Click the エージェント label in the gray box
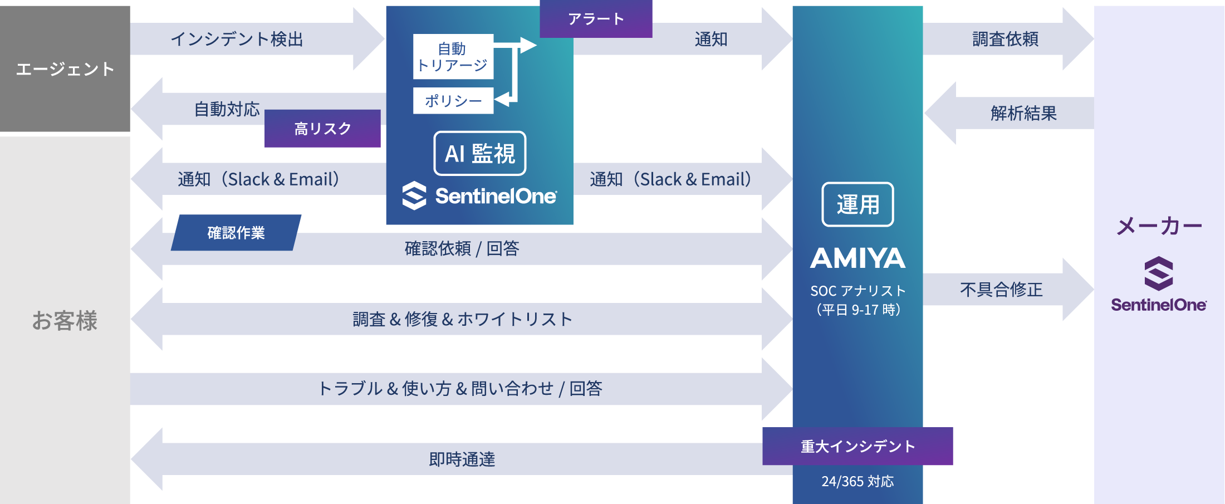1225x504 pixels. coord(65,69)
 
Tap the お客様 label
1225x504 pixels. coord(65,321)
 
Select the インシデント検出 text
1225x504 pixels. coord(237,39)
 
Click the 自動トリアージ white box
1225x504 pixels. coord(453,57)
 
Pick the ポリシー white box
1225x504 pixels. coord(453,101)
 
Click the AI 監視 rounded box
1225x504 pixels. coord(479,153)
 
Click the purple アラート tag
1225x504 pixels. coord(596,19)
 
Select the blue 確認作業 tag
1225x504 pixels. coord(236,233)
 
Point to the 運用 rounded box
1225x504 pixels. coord(857,204)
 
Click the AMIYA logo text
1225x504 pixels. coord(857,258)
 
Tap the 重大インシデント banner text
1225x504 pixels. coord(857,446)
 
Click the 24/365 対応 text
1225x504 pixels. coord(857,481)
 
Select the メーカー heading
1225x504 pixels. coord(1159,226)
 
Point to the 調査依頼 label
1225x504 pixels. coord(1005,39)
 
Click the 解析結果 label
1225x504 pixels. coord(1023,114)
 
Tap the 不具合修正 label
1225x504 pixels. coord(1001,290)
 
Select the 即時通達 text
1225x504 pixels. coord(462,459)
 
